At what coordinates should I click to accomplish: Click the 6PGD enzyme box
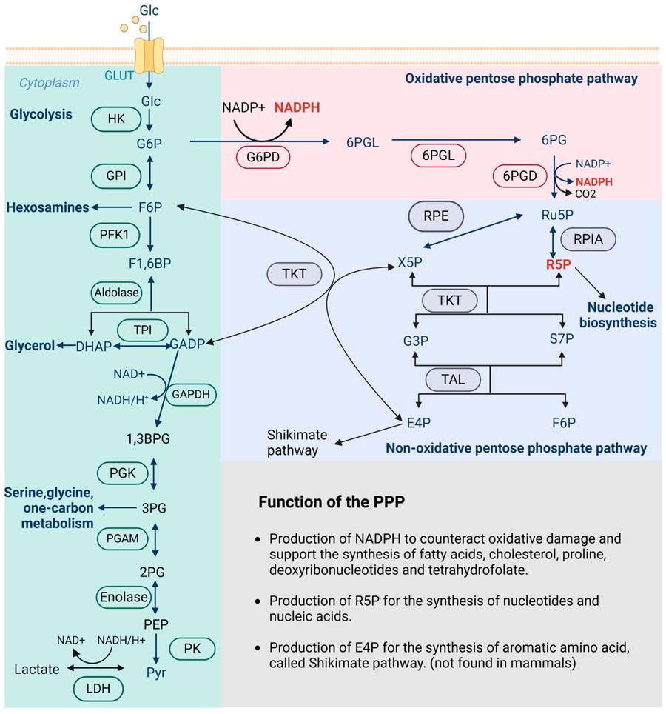pos(519,176)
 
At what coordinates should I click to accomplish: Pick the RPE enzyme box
pos(436,217)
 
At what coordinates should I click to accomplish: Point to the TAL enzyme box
pos(453,379)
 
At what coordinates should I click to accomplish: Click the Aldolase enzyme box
pos(115,293)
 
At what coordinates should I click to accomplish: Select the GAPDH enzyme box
pos(192,395)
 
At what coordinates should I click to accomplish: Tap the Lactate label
pos(36,669)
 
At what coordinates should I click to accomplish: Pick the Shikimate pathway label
pos(293,442)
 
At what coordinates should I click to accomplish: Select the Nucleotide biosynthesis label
pos(622,314)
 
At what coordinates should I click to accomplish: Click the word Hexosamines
pos(48,207)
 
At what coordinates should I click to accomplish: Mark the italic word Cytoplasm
pos(49,83)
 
